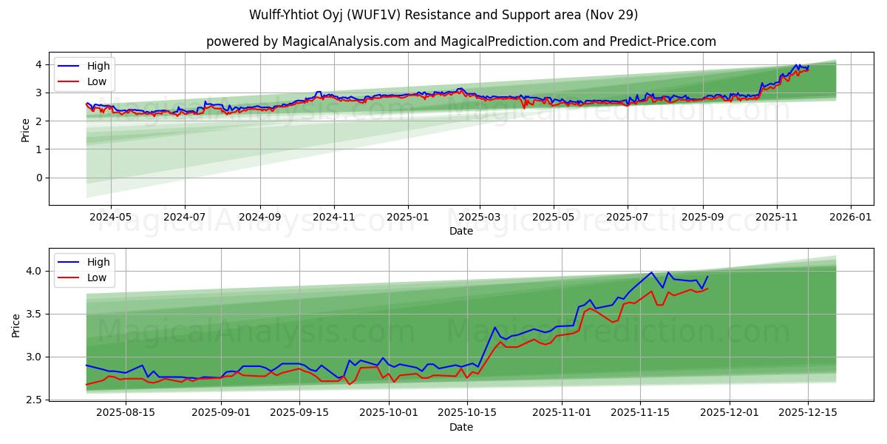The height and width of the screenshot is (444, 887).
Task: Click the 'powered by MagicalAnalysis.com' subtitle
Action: click(x=461, y=41)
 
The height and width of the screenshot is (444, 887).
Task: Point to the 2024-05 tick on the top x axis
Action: click(x=110, y=218)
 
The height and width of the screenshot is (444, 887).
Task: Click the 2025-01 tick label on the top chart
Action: click(x=408, y=218)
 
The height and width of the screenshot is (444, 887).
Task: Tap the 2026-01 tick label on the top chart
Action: click(x=851, y=218)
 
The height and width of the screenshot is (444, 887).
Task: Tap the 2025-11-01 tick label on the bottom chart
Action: click(x=563, y=413)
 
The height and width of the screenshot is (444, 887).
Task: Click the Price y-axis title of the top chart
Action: click(x=25, y=130)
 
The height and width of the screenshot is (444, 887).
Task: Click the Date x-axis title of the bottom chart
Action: click(x=461, y=427)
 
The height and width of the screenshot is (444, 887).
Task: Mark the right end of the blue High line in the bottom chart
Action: click(x=707, y=277)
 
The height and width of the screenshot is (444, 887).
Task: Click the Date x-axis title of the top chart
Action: click(x=461, y=231)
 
